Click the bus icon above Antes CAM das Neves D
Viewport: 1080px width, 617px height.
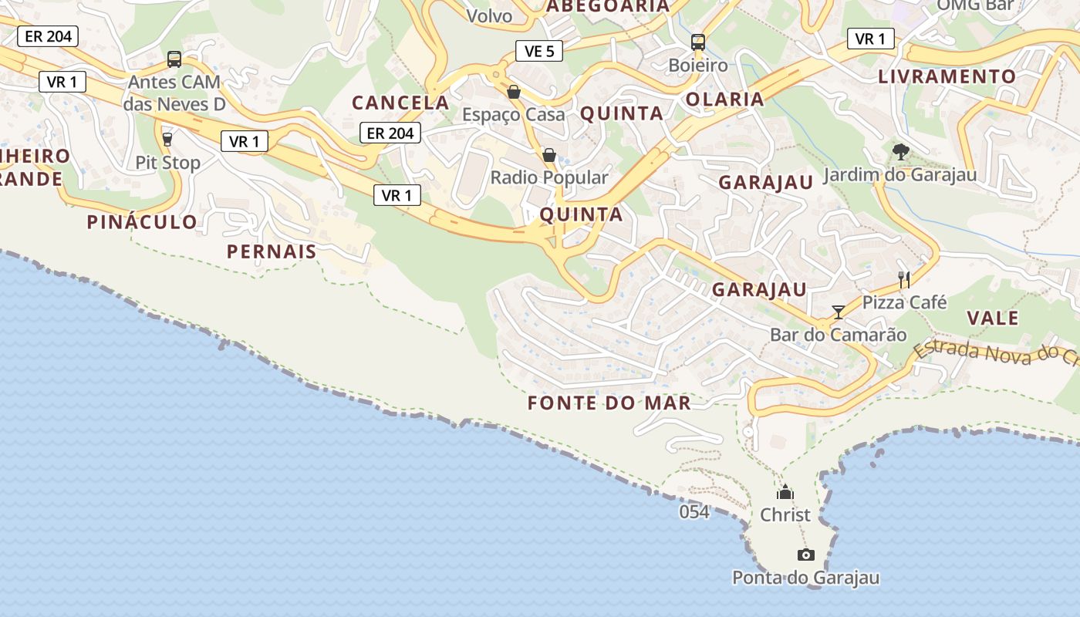(x=174, y=59)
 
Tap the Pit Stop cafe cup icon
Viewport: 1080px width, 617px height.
(x=167, y=140)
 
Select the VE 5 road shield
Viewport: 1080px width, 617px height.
(x=539, y=52)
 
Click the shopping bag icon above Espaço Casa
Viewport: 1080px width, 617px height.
(x=513, y=93)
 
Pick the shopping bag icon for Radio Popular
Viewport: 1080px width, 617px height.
(x=549, y=156)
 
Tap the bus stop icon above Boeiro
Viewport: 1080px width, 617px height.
(x=698, y=42)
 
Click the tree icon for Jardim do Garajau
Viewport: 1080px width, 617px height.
(x=899, y=152)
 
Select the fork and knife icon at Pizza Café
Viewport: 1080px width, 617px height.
(x=904, y=280)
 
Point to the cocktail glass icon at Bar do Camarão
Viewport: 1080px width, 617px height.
(x=839, y=312)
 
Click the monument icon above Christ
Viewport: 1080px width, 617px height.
(x=785, y=492)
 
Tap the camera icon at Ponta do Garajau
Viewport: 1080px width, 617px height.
(x=805, y=555)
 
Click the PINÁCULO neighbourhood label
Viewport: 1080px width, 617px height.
(x=142, y=222)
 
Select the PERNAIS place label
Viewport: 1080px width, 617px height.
(x=272, y=251)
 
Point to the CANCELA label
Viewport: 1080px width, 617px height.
(x=400, y=103)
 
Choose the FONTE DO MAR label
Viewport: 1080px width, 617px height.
(x=609, y=403)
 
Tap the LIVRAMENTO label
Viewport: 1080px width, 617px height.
(x=947, y=76)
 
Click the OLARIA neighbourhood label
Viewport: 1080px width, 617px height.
(x=724, y=99)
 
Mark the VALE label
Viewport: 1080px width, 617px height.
(x=993, y=318)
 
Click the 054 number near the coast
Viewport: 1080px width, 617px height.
(x=694, y=511)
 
